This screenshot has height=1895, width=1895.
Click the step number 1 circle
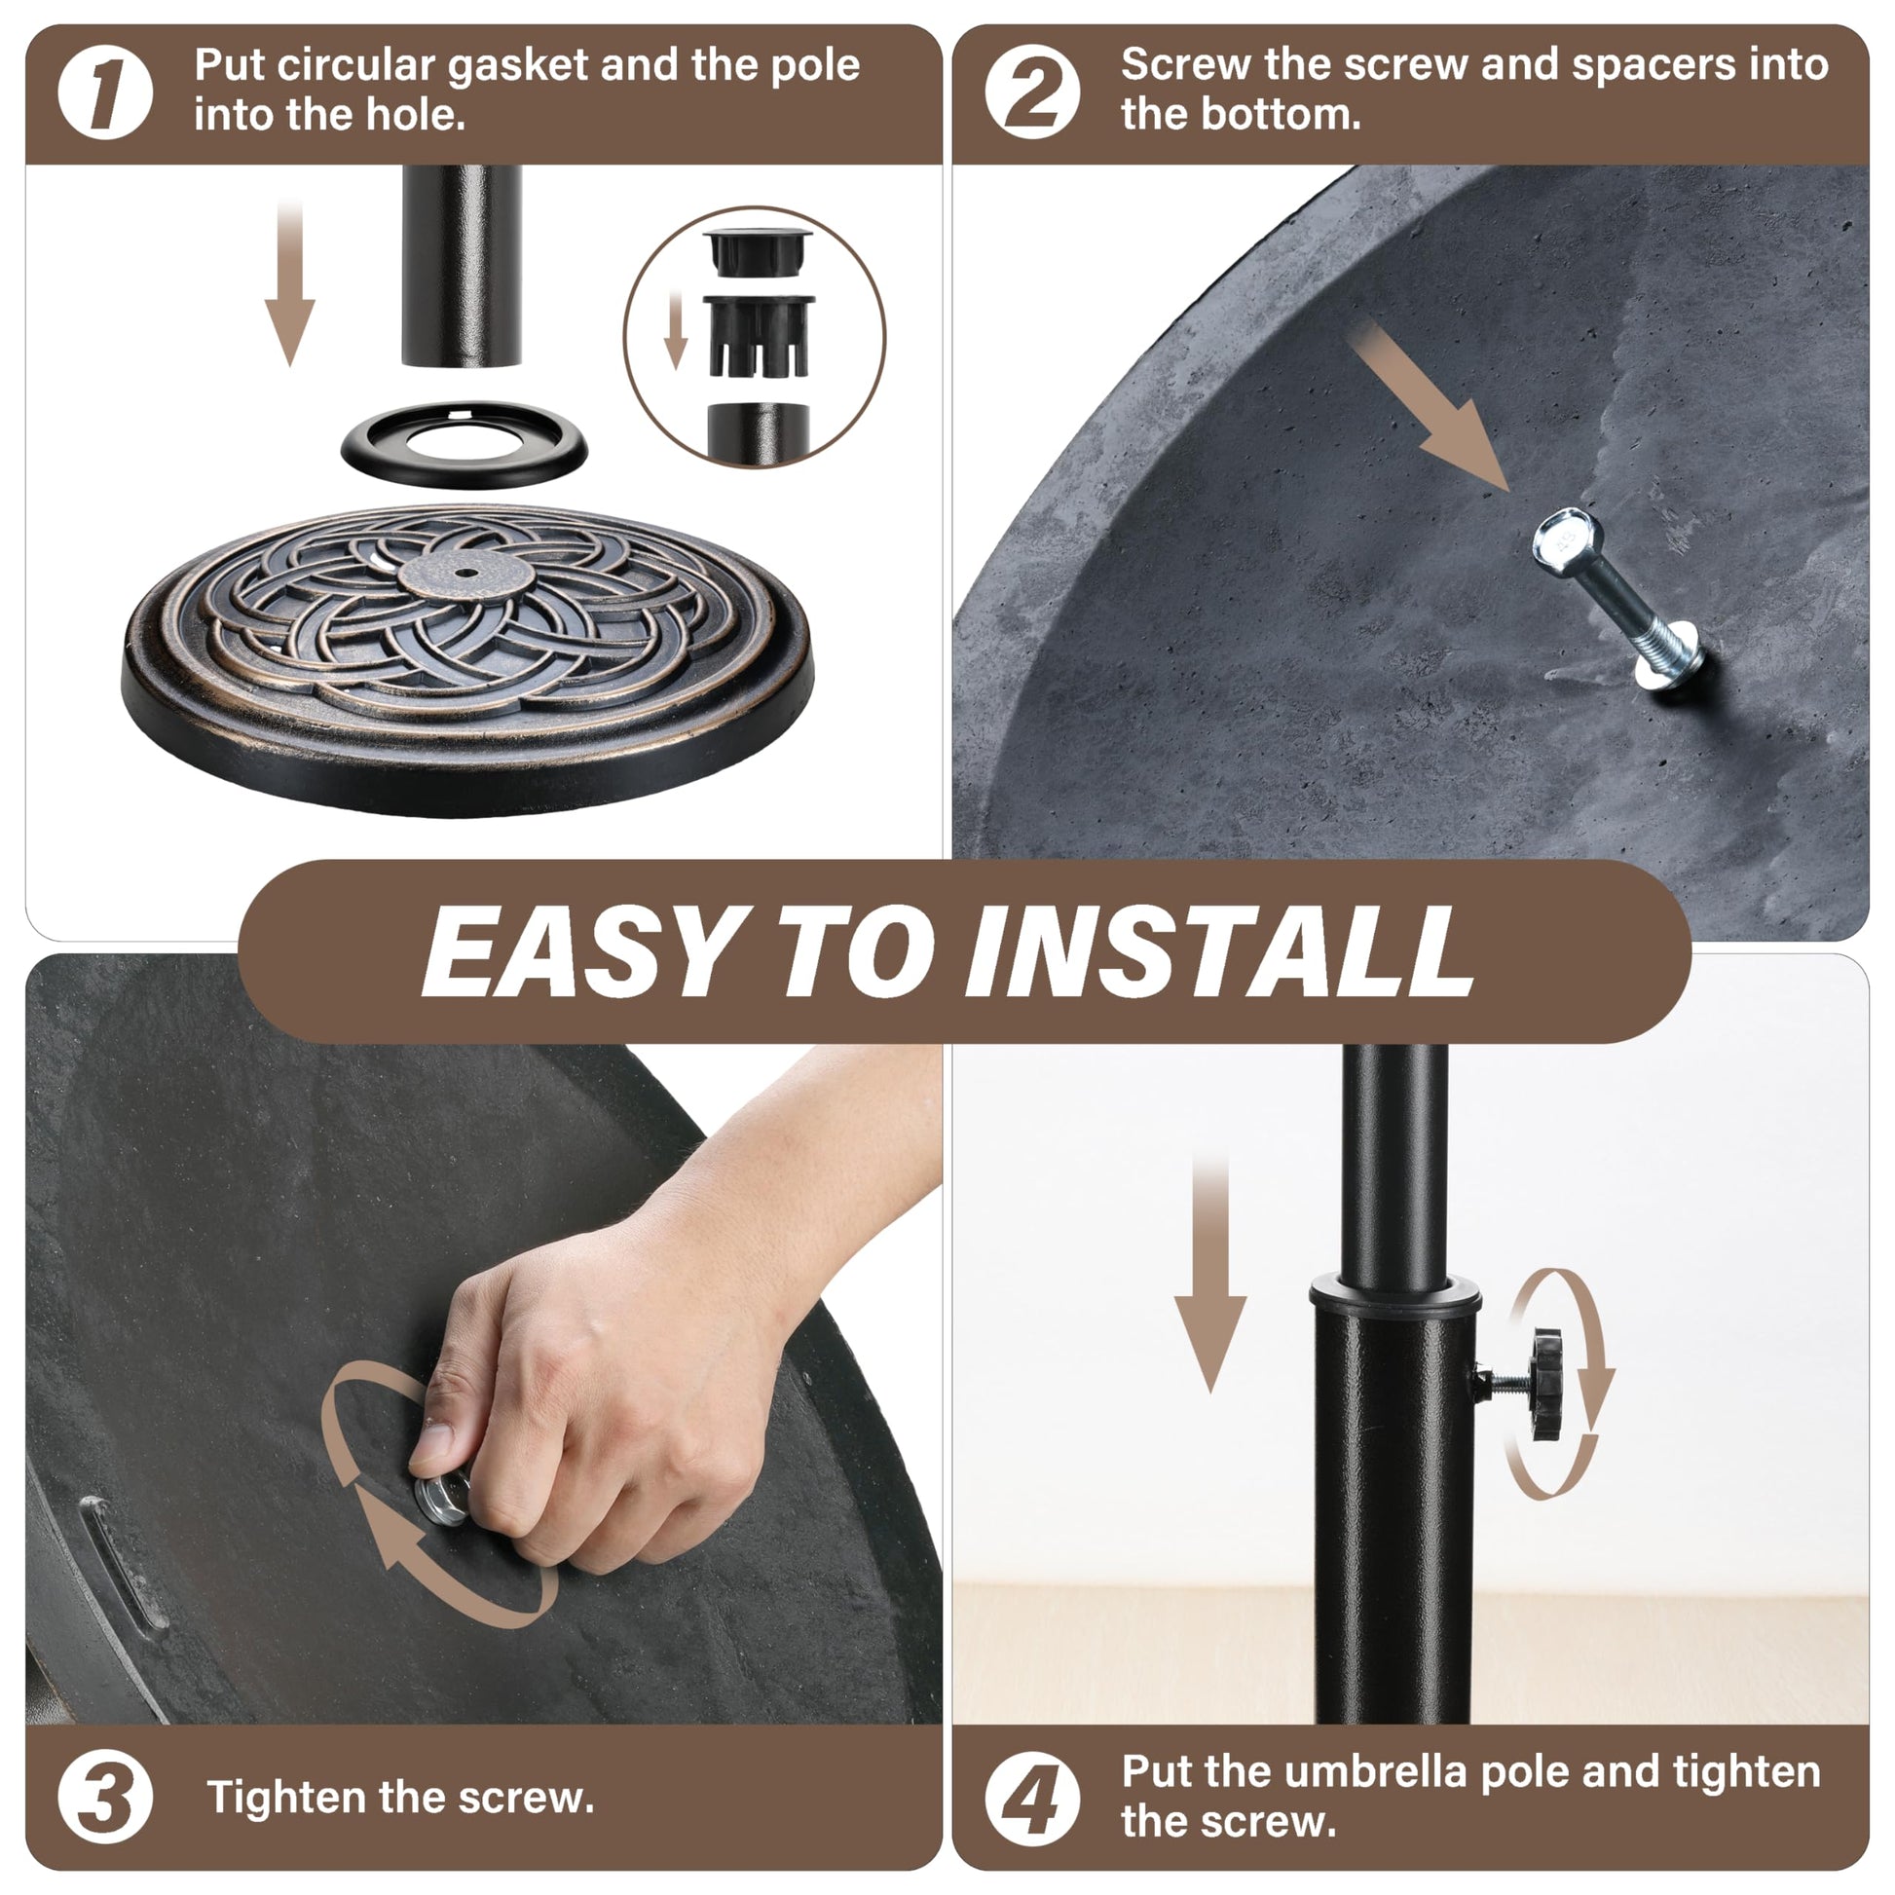[105, 93]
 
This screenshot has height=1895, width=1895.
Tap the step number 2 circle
[1032, 93]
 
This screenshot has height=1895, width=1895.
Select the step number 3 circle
[105, 1797]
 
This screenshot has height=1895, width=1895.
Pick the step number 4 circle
[1032, 1799]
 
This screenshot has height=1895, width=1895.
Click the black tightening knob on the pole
[1547, 1384]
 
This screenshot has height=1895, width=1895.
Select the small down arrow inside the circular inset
[675, 329]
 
